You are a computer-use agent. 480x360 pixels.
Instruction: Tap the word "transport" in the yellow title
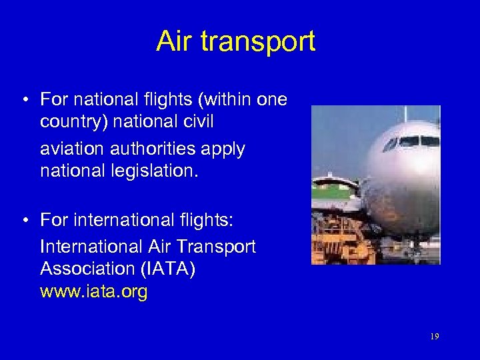257,42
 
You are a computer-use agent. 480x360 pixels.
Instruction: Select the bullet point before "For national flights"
23,101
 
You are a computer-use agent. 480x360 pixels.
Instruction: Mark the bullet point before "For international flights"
23,219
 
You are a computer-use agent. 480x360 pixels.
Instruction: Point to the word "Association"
87,269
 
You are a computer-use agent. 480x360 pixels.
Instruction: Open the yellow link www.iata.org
94,291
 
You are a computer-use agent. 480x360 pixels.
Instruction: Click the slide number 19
434,337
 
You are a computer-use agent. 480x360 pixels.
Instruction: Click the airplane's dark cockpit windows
411,142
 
